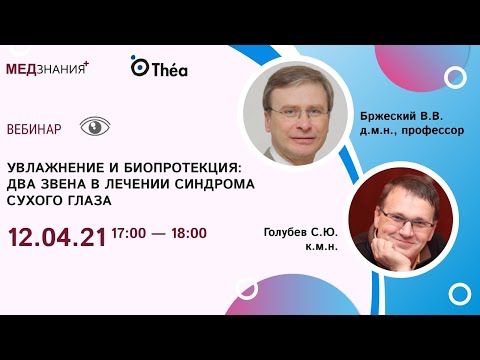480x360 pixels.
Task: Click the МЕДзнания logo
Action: click(x=47, y=68)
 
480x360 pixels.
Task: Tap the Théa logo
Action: click(x=159, y=67)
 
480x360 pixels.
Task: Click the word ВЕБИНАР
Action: click(x=33, y=129)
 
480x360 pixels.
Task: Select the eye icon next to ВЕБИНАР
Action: click(x=95, y=127)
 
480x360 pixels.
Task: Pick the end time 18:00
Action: click(x=188, y=234)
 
